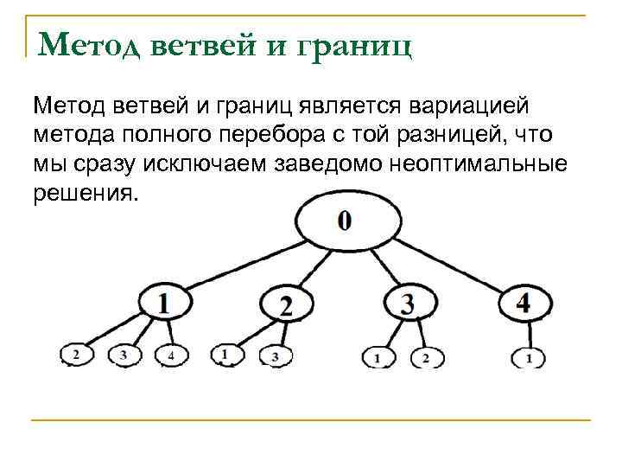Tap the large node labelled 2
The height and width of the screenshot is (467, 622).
click(287, 304)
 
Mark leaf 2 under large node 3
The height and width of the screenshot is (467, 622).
click(425, 355)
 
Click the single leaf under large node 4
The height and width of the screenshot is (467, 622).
click(528, 355)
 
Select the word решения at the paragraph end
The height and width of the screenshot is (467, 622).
click(85, 192)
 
